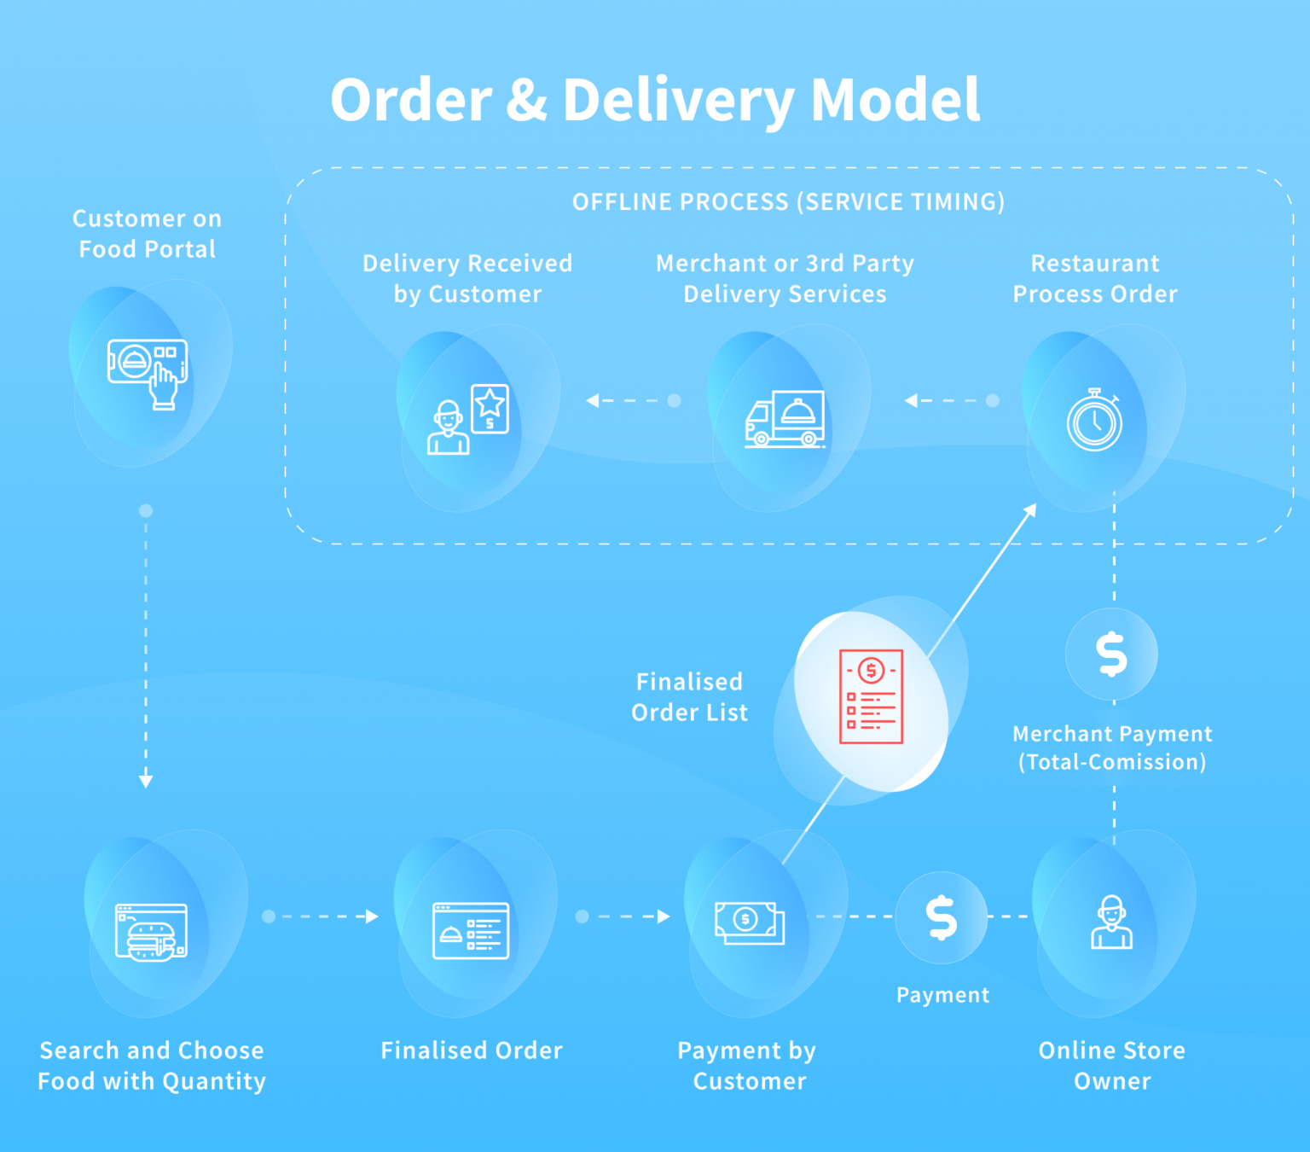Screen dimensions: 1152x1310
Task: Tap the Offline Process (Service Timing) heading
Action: pyautogui.click(x=788, y=202)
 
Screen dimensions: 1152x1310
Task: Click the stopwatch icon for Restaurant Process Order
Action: pyautogui.click(x=1094, y=421)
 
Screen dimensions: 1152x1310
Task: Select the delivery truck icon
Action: pyautogui.click(x=785, y=419)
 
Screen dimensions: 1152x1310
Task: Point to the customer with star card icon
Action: pyautogui.click(x=467, y=420)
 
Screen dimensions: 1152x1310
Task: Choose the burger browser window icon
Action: pyautogui.click(x=151, y=932)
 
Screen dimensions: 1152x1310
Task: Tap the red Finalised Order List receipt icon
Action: pyautogui.click(x=871, y=696)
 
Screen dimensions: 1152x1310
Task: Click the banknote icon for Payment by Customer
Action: pyautogui.click(x=749, y=922)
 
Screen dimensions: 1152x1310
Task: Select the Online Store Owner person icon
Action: pyautogui.click(x=1111, y=922)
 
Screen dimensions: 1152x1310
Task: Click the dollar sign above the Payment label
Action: pyautogui.click(x=942, y=917)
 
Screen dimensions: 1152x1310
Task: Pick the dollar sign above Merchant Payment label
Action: pyautogui.click(x=1111, y=654)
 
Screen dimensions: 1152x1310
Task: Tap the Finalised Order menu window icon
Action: pyautogui.click(x=471, y=931)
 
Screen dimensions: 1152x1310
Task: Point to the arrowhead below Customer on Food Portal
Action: pyautogui.click(x=146, y=780)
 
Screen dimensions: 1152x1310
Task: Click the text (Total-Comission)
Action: pyautogui.click(x=1112, y=762)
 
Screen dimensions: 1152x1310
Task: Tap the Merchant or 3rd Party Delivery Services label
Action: pyautogui.click(x=785, y=278)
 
